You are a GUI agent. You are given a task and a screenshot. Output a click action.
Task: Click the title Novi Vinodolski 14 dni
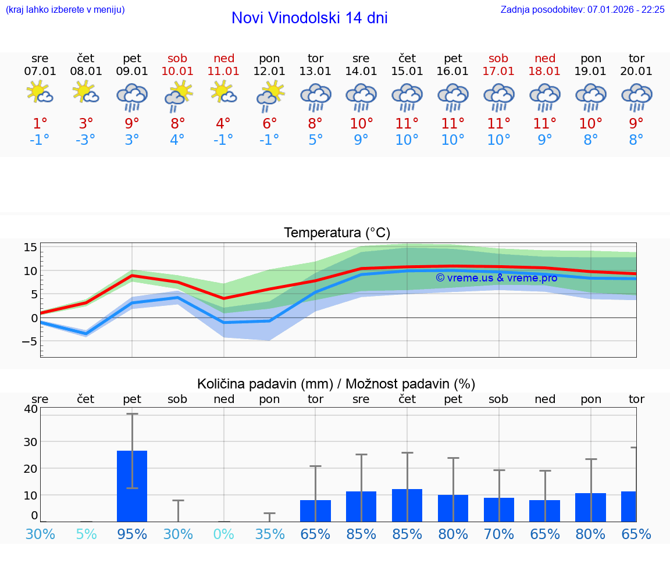[x=309, y=18]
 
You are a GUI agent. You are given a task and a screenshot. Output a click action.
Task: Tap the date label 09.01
[x=132, y=72]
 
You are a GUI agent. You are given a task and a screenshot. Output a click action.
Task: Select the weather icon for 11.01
[x=224, y=92]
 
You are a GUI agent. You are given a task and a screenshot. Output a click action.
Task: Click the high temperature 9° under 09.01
[x=132, y=124]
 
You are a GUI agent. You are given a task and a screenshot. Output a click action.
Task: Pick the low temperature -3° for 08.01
[x=85, y=140]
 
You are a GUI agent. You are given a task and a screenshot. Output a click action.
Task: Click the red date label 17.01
[x=498, y=72]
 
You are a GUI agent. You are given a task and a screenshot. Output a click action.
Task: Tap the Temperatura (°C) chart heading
[x=337, y=233]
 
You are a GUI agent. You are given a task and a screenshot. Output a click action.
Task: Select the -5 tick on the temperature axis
[x=30, y=341]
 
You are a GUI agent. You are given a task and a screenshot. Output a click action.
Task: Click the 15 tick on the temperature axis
[x=31, y=247]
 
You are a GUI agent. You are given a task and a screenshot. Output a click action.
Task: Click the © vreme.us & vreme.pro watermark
[x=496, y=278]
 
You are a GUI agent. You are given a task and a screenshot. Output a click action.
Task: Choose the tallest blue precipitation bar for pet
[x=132, y=486]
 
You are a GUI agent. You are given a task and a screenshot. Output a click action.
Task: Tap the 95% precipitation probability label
[x=132, y=534]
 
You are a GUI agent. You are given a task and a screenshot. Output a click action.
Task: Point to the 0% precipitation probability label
[x=224, y=534]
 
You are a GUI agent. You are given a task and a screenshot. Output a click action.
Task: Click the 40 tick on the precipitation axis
[x=31, y=409]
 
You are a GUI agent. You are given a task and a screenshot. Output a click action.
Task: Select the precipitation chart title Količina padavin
[x=336, y=384]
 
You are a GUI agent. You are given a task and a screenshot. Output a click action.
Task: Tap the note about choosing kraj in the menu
[x=65, y=9]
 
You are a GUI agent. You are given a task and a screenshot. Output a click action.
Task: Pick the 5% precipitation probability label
[x=86, y=534]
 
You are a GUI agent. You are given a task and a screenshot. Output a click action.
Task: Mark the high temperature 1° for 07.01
[x=40, y=124]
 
